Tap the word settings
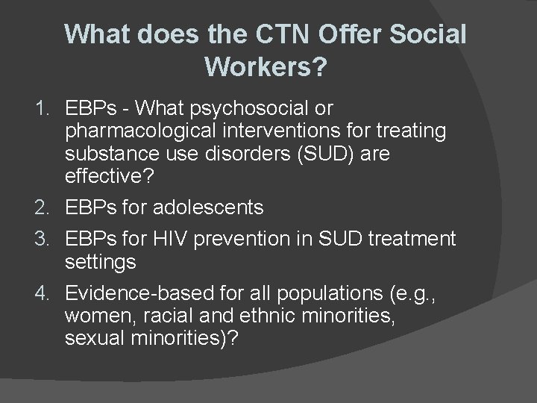(x=101, y=261)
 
